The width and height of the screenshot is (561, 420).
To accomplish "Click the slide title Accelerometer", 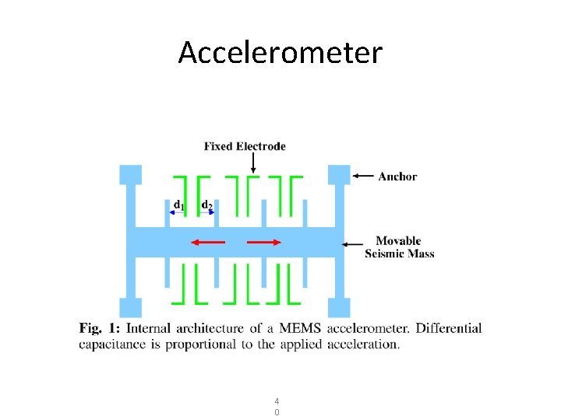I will [x=280, y=53].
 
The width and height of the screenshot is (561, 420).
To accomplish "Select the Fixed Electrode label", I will [x=245, y=146].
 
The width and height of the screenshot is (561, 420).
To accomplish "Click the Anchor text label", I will [x=397, y=177].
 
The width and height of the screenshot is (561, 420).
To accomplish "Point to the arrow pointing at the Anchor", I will [x=363, y=177].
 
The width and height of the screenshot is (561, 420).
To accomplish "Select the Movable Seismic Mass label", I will [x=399, y=247].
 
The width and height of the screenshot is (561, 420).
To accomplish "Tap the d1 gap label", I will [x=178, y=205].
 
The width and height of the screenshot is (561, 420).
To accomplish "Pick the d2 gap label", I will [x=207, y=205].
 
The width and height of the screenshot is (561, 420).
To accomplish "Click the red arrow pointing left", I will [x=208, y=243].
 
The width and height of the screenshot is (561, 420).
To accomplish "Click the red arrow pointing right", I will [x=264, y=243].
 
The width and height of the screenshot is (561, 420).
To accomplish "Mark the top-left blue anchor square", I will [x=130, y=174].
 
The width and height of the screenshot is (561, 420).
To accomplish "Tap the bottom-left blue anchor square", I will [x=130, y=308].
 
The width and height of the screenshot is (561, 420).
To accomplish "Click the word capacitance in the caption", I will [x=112, y=344].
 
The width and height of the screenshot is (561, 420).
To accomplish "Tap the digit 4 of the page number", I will [x=277, y=401].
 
